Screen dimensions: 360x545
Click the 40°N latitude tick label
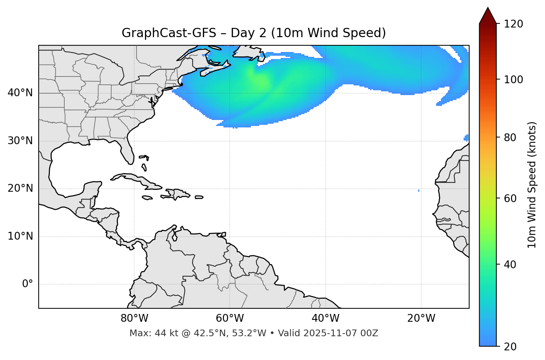pyautogui.click(x=20, y=93)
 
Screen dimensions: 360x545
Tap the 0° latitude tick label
pyautogui.click(x=28, y=284)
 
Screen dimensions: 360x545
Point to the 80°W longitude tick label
pyautogui.click(x=134, y=318)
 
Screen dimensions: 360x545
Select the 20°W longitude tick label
pyautogui.click(x=421, y=318)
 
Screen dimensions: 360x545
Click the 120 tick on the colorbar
pyautogui.click(x=513, y=24)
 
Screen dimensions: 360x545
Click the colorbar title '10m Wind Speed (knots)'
pyautogui.click(x=532, y=185)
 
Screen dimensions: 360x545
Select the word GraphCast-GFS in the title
pyautogui.click(x=169, y=33)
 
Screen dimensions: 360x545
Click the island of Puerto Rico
pyautogui.click(x=199, y=197)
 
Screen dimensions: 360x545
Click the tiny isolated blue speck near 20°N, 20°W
pyautogui.click(x=419, y=191)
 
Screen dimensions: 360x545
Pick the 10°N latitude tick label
pyautogui.click(x=20, y=236)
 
